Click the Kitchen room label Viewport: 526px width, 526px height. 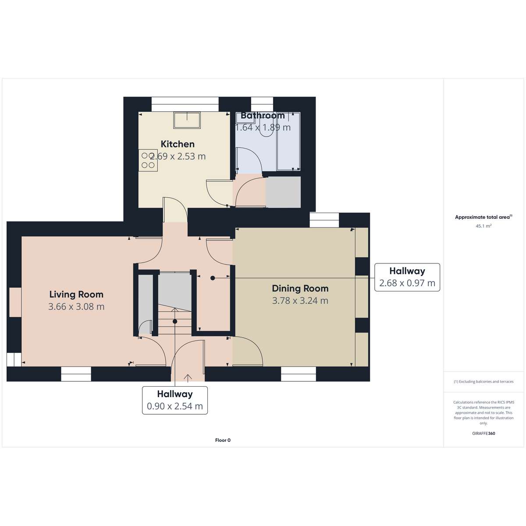point(178,144)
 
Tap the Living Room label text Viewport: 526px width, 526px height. point(76,295)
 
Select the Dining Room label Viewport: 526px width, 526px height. point(300,288)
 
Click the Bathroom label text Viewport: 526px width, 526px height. point(263,115)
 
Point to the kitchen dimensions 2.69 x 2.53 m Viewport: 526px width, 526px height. point(178,156)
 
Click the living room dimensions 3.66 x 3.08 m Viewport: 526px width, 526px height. point(76,306)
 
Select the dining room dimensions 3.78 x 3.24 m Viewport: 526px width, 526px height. point(300,301)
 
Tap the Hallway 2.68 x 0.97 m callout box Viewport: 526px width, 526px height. point(407,277)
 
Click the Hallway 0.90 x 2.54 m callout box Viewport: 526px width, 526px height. point(175,400)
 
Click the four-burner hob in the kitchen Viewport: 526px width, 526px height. point(148,160)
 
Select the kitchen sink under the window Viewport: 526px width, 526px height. point(187,121)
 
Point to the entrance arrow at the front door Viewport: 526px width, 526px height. point(188,377)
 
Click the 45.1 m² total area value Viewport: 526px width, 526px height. point(483,226)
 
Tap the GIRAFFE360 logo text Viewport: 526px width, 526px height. point(483,433)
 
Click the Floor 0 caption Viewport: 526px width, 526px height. point(223,440)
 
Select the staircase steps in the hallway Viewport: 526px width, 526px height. point(175,320)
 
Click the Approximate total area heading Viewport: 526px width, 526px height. point(483,217)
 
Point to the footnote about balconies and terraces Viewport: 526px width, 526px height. point(483,382)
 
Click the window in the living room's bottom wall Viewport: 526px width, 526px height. point(76,374)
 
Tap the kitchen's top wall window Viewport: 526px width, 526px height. point(185,104)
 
